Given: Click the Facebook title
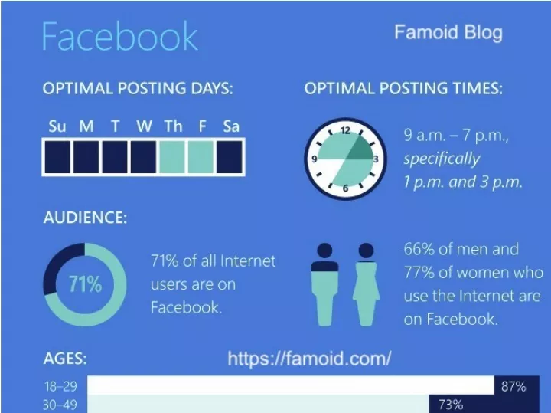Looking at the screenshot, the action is (x=120, y=36).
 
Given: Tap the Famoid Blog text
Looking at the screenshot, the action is (x=448, y=32).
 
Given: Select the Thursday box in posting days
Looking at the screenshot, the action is (x=172, y=157).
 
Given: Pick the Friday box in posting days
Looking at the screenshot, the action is (x=201, y=157).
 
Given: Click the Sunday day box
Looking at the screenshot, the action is (x=57, y=157).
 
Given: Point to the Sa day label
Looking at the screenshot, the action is (x=231, y=126).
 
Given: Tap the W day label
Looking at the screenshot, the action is (x=145, y=126).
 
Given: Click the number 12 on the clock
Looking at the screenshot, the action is (x=346, y=130).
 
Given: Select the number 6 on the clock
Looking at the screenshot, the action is (x=345, y=188).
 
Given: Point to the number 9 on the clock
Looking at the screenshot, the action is (x=315, y=159).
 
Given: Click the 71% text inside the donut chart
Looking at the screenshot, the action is (x=86, y=284).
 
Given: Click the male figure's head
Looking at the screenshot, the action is (x=324, y=251).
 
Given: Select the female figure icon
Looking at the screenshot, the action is (x=366, y=284).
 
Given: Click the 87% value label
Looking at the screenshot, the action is (x=514, y=387).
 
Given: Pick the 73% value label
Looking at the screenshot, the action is (x=451, y=405).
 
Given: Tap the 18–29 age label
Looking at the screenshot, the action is (x=60, y=387).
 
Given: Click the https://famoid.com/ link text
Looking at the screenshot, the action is (x=309, y=359).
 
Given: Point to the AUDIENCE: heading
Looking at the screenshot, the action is (x=85, y=218).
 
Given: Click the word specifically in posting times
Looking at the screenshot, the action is (x=442, y=159).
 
